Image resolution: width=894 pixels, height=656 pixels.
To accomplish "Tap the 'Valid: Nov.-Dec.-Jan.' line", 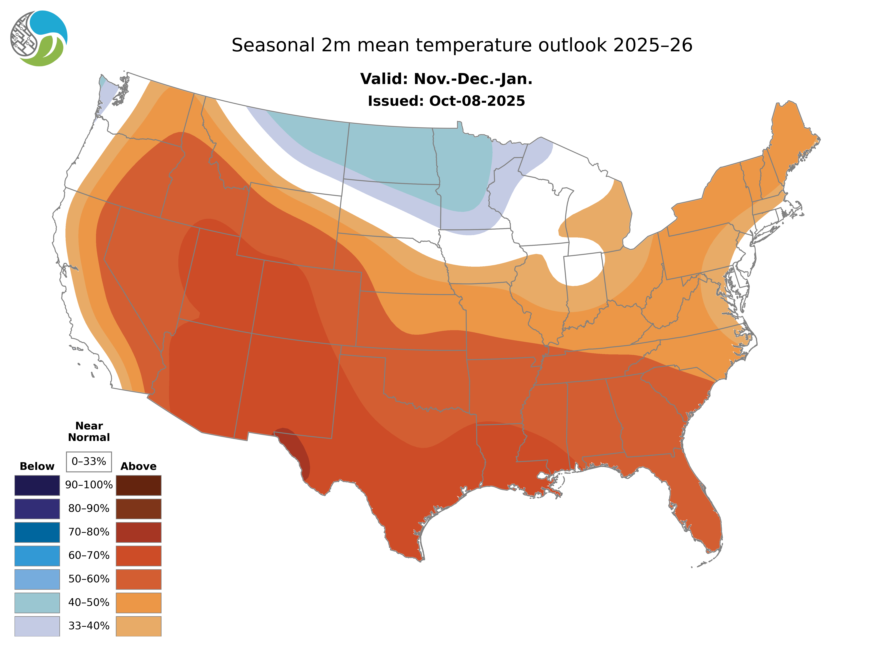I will (446, 79).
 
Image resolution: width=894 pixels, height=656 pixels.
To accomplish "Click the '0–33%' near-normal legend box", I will (89, 462).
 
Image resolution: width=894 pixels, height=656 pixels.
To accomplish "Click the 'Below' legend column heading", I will (37, 466).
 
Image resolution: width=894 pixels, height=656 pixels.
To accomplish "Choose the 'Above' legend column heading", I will (138, 466).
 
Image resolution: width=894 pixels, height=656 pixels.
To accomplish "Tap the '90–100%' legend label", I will (89, 485).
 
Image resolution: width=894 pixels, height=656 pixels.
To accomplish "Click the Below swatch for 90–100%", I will (37, 485).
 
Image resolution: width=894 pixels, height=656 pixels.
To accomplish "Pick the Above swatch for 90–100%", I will (138, 485).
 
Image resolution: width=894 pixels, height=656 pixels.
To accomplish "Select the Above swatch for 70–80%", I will (138, 532).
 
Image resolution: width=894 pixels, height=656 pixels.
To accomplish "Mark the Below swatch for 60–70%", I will (37, 556).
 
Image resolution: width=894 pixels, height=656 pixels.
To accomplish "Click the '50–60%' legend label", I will (89, 579).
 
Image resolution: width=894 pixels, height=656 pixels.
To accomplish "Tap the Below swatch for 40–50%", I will (37, 602).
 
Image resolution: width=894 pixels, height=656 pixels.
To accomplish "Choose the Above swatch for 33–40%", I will (138, 626).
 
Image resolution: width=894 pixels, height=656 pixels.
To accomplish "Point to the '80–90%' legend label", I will (89, 508).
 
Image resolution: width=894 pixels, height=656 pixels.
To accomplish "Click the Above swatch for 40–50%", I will (138, 602).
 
